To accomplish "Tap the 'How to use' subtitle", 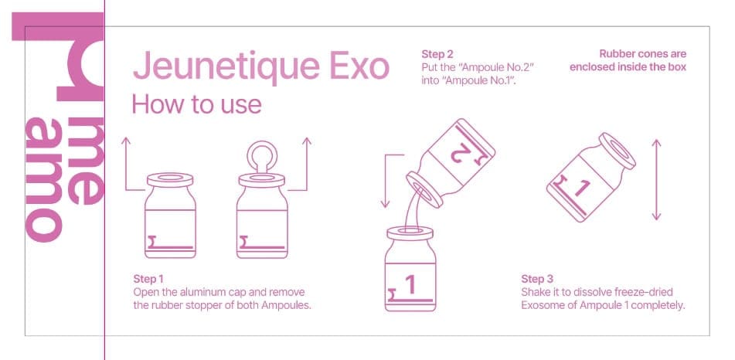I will (196, 103).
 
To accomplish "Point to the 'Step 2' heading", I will (437, 54).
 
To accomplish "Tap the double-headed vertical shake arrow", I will (656, 179).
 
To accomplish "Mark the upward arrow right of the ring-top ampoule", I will (306, 162).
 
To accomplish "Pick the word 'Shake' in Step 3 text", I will (536, 291).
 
